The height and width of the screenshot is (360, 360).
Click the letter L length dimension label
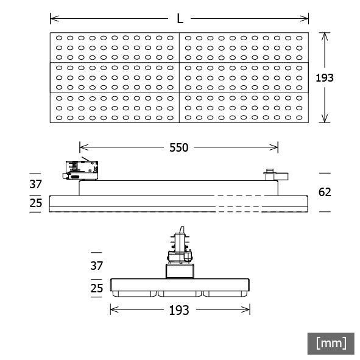point(180,19)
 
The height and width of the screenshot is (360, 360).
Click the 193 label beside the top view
point(326,77)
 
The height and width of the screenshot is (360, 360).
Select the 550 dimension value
point(178,147)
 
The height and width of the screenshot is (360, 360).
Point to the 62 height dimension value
point(325,192)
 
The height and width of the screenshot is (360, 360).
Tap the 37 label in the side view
point(37,183)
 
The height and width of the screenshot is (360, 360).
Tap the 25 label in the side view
point(37,203)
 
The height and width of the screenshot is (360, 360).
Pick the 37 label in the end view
point(97,266)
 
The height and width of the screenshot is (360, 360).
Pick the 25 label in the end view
point(97,288)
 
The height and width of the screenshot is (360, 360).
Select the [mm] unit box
point(331,343)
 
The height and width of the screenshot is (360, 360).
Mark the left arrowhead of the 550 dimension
point(82,147)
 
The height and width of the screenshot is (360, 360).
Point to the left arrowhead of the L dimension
point(52,18)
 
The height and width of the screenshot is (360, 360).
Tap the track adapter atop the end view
point(180,250)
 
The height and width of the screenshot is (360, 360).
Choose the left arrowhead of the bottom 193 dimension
point(113,310)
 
